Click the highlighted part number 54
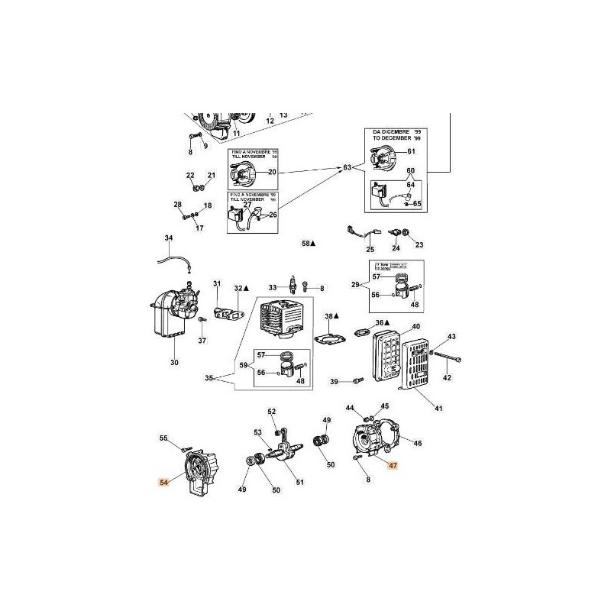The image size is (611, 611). (163, 482)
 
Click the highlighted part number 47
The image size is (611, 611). (393, 464)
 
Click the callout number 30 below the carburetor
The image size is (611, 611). (174, 362)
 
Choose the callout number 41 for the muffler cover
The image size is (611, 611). (438, 409)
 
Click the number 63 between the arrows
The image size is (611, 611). (348, 167)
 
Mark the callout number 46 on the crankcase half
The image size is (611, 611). (417, 442)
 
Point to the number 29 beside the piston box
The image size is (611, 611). (354, 284)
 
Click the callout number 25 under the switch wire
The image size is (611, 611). (370, 250)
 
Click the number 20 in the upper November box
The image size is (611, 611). (271, 173)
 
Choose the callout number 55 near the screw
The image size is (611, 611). (163, 438)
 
